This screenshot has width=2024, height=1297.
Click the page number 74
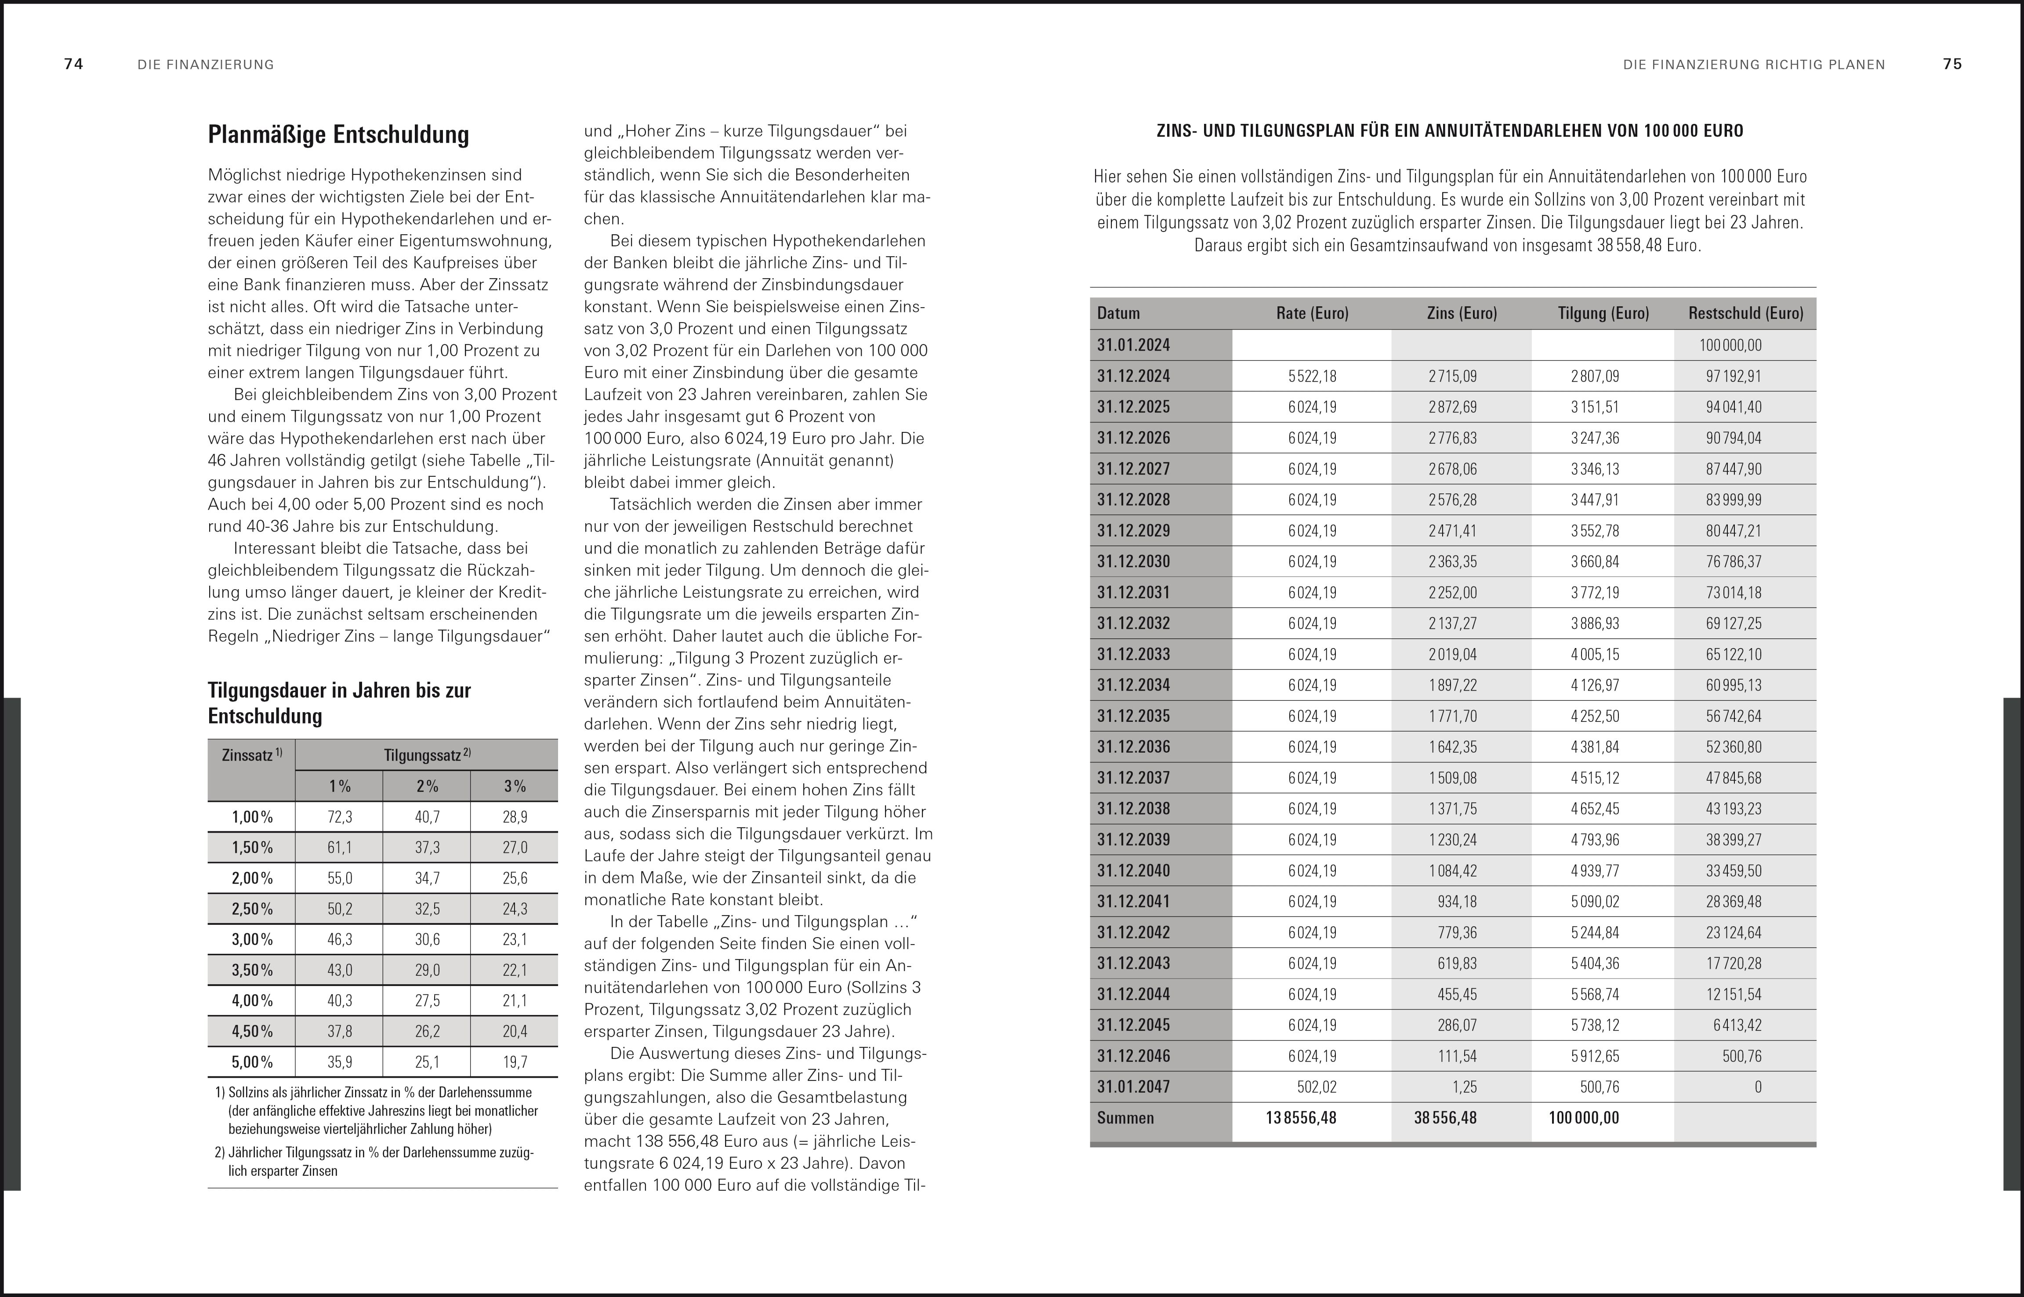point(73,64)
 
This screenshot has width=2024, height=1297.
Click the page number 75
point(1952,64)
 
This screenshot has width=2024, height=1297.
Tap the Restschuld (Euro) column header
point(1745,313)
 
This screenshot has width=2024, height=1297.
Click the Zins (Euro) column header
point(1462,313)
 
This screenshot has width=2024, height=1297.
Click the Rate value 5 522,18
point(1312,377)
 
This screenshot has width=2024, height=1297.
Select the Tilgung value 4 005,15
point(1594,654)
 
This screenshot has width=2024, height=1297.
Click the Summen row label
point(1125,1119)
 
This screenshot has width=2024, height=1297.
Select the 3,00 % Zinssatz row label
point(252,940)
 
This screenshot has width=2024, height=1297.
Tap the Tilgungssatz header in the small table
point(427,755)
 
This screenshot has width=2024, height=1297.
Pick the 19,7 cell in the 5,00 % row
point(515,1062)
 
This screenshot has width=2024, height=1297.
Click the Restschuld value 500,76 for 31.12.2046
point(1742,1056)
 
